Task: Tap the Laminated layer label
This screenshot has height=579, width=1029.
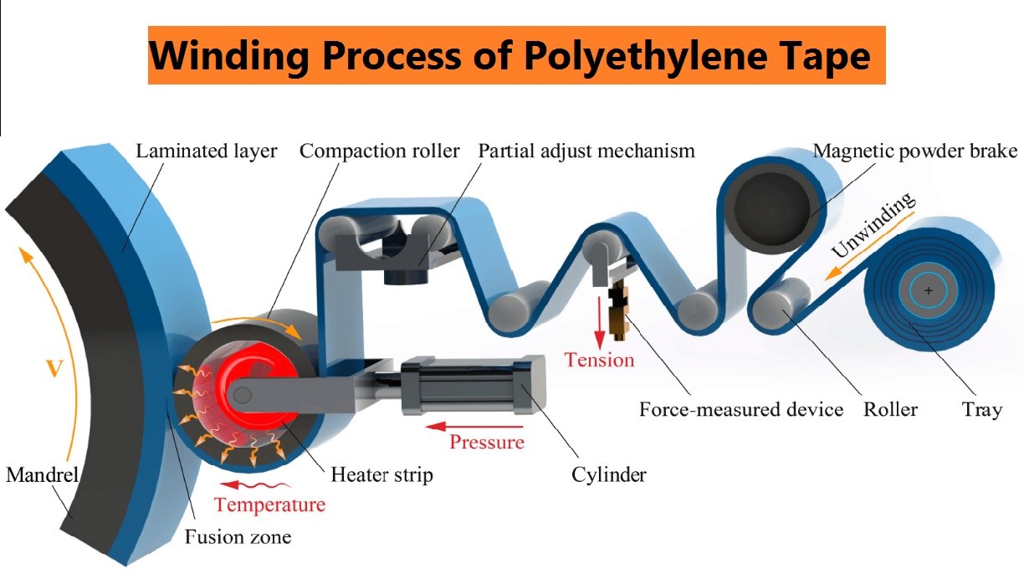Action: pyautogui.click(x=206, y=151)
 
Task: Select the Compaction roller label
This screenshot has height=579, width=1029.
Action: pyautogui.click(x=380, y=151)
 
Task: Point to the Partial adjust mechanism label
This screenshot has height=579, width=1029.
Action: pyautogui.click(x=586, y=151)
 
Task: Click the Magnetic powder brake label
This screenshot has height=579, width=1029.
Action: pyautogui.click(x=915, y=151)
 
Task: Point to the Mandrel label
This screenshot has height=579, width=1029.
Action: pyautogui.click(x=43, y=475)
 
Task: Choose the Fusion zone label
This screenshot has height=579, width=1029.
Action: pyautogui.click(x=238, y=536)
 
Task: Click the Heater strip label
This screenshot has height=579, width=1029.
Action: pyautogui.click(x=382, y=475)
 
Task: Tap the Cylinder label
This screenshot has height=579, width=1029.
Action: pyautogui.click(x=609, y=475)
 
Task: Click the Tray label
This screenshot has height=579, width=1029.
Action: pyautogui.click(x=981, y=410)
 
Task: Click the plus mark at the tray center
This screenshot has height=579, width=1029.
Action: pyautogui.click(x=929, y=291)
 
